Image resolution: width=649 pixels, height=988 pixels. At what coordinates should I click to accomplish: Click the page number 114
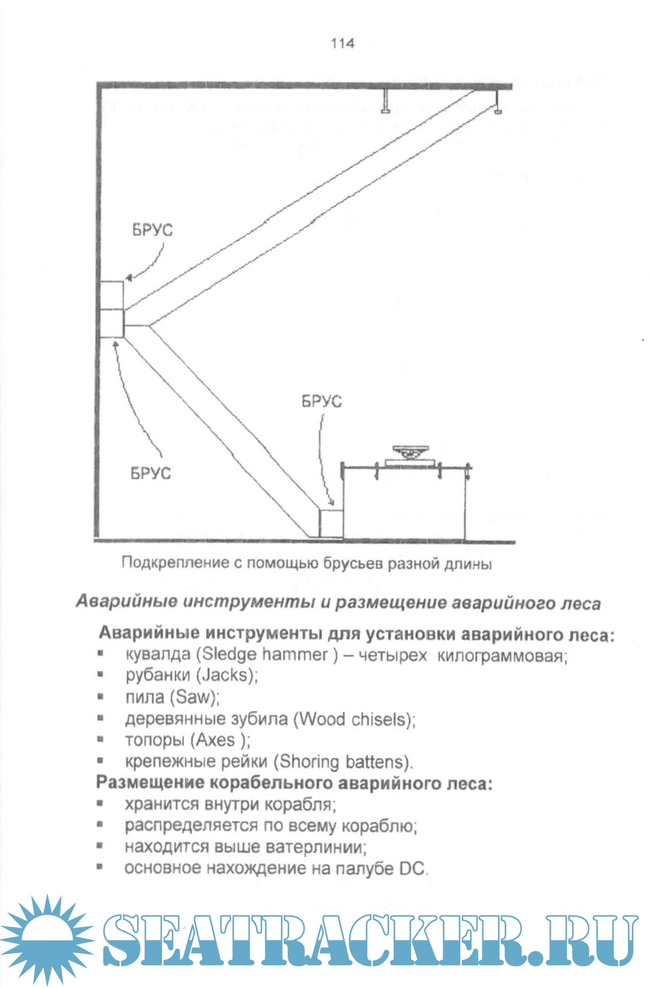pos(342,43)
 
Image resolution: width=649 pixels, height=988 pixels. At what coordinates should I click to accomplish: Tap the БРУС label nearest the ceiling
pos(152,230)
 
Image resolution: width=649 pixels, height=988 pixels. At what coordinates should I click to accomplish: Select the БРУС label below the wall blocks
pos(151,473)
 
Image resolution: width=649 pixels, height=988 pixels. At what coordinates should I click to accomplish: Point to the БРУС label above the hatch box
pos(321,401)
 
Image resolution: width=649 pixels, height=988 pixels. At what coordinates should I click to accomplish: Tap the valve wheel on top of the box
pos(410,452)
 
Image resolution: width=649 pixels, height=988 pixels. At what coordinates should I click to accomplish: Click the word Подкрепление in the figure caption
pos(175,563)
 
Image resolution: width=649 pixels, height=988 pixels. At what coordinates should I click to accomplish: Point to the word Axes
pos(216,741)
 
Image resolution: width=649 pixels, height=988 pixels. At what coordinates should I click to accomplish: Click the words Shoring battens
pos(342,762)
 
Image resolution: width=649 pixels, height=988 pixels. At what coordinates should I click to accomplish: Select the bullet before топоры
pos(100,740)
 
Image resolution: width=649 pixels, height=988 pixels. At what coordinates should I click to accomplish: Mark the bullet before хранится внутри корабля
pos(100,804)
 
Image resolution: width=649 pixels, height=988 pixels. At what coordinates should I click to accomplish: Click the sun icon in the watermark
pos(47,940)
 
